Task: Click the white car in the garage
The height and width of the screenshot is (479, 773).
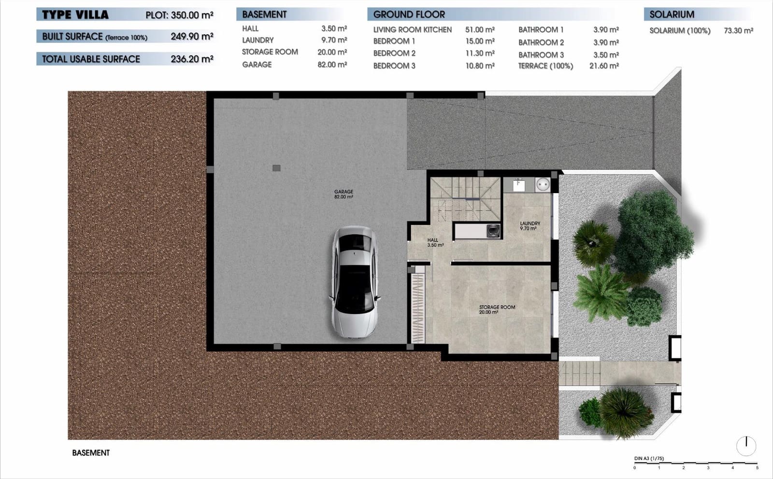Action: tap(354, 282)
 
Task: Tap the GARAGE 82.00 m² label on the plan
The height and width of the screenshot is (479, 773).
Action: tap(344, 195)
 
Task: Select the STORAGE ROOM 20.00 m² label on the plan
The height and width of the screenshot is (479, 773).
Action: tap(497, 310)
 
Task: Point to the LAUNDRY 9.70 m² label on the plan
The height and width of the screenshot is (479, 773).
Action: tap(530, 226)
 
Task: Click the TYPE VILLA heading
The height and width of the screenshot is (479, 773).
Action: tap(75, 15)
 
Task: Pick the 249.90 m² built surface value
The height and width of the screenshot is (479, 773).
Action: tap(192, 36)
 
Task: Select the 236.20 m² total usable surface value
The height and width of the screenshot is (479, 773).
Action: tap(192, 59)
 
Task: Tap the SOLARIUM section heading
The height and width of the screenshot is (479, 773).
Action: tap(672, 15)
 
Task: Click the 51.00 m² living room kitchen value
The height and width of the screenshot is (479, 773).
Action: tap(480, 30)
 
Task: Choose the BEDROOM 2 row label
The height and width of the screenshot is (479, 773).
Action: tap(394, 53)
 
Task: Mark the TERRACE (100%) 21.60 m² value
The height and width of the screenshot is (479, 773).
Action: tap(604, 66)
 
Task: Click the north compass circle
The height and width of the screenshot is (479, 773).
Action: tap(746, 446)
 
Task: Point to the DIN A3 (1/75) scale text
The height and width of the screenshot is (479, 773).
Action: tap(649, 458)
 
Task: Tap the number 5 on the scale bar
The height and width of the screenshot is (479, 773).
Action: tap(757, 468)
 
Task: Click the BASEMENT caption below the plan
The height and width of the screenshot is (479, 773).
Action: tap(91, 453)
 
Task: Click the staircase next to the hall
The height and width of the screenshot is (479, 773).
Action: tap(465, 198)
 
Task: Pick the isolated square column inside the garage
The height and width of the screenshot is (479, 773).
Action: tap(276, 168)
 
